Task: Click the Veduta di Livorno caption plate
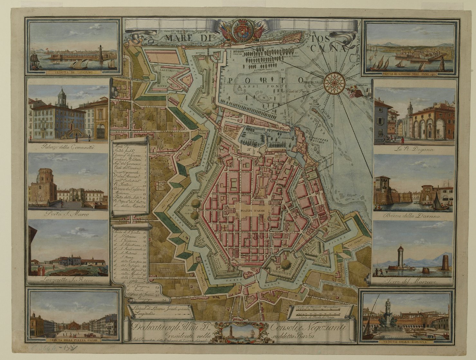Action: point(73,72)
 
